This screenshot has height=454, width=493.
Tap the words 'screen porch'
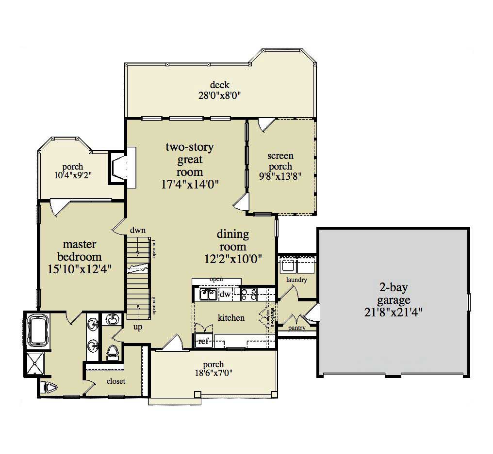[x=280, y=161]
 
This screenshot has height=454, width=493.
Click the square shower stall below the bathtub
[x=35, y=364]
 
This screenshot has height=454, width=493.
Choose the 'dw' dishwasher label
[x=225, y=294]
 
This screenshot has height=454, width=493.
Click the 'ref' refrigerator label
[x=203, y=341]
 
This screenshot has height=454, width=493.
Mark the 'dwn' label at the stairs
[x=138, y=230]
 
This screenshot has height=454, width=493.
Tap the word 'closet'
[x=116, y=381]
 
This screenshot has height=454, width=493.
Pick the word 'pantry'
[x=296, y=328]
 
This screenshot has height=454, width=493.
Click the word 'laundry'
[x=296, y=280]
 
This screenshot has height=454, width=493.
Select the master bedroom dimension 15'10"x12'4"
[x=80, y=269]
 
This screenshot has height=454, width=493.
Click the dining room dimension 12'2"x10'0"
[x=233, y=259]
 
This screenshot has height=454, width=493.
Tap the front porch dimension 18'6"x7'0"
[x=214, y=373]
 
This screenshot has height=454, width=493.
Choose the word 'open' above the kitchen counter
[x=216, y=280]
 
